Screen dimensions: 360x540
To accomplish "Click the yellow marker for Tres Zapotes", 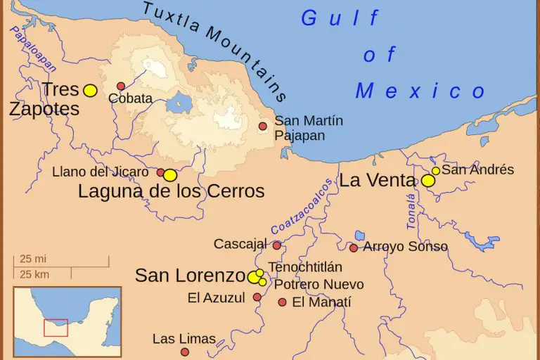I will [x=90, y=90].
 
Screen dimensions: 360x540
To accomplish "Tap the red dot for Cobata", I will [x=121, y=86].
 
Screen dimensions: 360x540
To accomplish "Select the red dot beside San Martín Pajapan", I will [x=262, y=127].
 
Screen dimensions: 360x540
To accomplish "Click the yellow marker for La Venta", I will [x=428, y=181].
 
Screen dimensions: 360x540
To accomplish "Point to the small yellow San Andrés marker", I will [x=436, y=171].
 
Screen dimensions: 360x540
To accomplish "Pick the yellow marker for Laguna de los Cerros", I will [x=170, y=175].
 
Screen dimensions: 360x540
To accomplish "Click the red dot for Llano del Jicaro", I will [x=160, y=172].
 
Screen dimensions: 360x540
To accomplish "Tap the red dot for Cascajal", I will [x=277, y=245].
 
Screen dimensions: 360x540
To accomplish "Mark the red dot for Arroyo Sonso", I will [x=354, y=247].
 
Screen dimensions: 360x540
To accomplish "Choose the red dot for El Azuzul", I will [x=257, y=297].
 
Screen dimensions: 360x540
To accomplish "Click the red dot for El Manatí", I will [x=282, y=302].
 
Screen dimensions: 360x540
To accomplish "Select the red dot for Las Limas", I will [x=185, y=352].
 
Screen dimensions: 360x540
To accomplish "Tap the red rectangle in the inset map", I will [x=56, y=328].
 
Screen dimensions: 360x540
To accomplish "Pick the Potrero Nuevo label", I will [x=319, y=285].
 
